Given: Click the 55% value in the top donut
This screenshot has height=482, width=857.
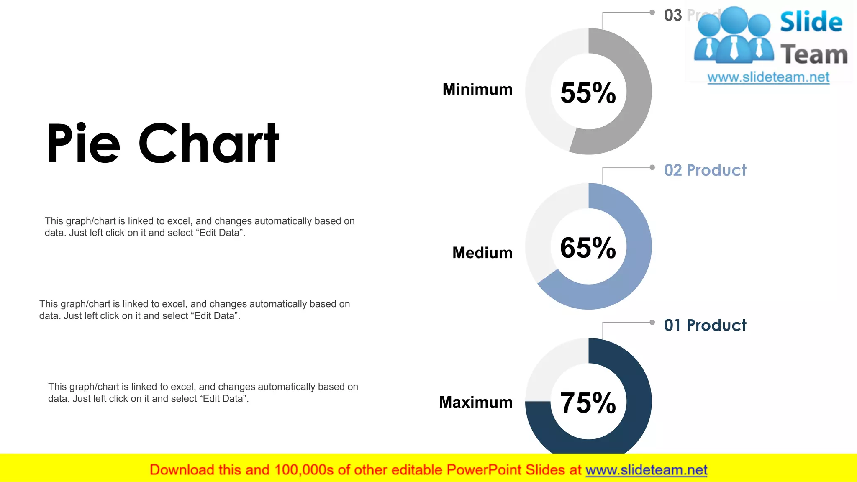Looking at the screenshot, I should click(x=588, y=92).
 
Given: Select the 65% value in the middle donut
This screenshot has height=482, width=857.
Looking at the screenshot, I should click(x=588, y=248).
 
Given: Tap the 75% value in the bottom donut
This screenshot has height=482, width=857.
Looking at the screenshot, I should click(x=588, y=403).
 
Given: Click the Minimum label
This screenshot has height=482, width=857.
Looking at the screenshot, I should click(x=477, y=90).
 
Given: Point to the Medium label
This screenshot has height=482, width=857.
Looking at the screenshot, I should click(x=482, y=253).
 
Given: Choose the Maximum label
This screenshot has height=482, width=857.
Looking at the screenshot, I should click(x=476, y=402).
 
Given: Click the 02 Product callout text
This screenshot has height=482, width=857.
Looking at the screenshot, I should click(x=705, y=170).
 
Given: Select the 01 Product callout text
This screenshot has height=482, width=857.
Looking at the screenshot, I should click(x=705, y=325).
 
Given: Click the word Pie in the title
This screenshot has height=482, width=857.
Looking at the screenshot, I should click(x=84, y=144).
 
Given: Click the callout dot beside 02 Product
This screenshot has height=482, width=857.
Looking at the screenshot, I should click(x=652, y=167).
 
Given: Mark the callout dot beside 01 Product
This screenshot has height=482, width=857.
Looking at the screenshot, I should click(x=652, y=322).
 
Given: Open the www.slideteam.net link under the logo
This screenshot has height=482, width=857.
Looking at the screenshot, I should click(x=768, y=77).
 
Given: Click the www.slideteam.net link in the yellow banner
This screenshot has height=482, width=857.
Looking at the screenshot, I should click(x=646, y=470).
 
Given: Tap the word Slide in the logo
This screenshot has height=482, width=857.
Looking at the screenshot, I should click(x=811, y=22).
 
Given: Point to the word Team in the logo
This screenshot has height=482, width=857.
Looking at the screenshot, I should click(x=814, y=55).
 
